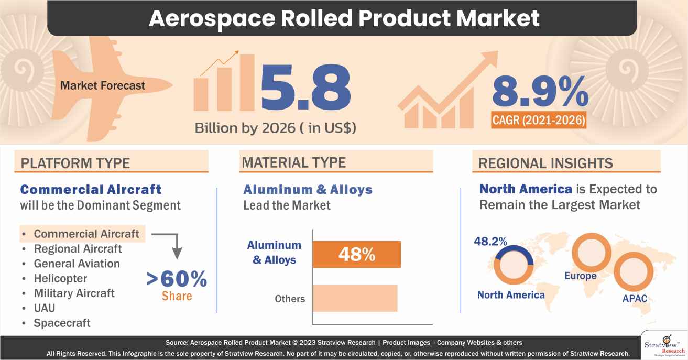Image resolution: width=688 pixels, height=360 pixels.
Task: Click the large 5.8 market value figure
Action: [x=305, y=89]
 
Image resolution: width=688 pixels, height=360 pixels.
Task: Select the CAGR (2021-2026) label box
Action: [x=539, y=121]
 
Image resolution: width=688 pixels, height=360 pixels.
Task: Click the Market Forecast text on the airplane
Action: [x=103, y=85]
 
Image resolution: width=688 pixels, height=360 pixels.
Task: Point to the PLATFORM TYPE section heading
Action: [x=75, y=163]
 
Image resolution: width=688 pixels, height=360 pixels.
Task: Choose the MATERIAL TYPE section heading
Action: [x=293, y=162]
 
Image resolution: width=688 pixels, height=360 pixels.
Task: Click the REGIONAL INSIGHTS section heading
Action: [x=546, y=163]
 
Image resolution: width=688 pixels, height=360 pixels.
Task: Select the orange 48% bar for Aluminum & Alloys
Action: [x=356, y=255]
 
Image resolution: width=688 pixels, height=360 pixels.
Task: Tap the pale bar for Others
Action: [x=355, y=298]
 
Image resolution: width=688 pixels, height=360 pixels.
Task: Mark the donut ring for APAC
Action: [x=635, y=273]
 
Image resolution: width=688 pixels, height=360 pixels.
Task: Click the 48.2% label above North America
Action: [x=490, y=242]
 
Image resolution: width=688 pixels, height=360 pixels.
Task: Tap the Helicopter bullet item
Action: [x=60, y=278]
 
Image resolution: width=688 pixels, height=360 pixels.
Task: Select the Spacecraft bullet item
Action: [x=62, y=323]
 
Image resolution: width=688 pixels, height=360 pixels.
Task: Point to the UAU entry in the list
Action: [x=45, y=308]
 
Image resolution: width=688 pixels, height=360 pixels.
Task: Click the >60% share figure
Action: [x=177, y=280]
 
